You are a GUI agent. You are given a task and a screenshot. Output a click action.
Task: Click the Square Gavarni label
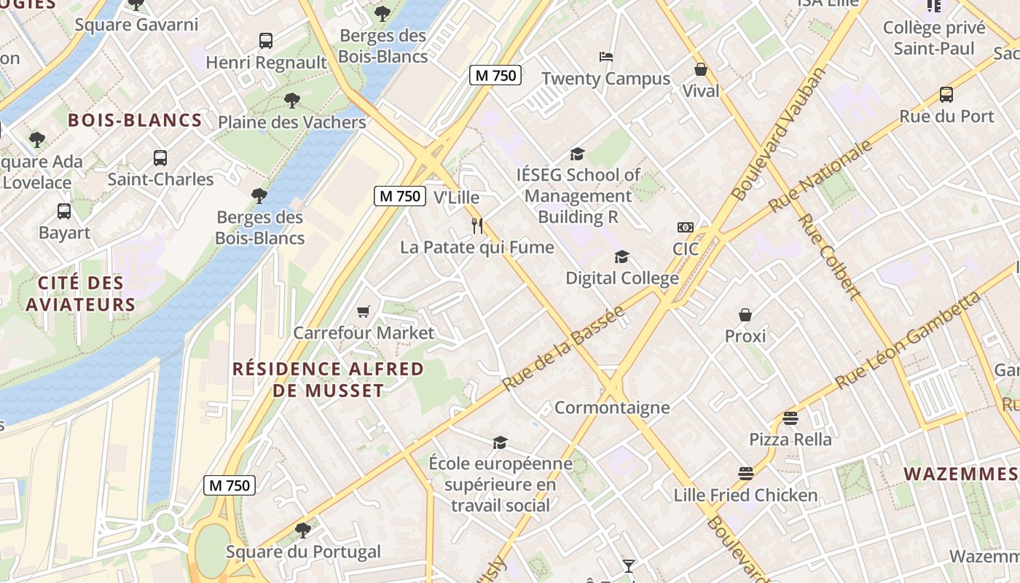(x=136, y=25)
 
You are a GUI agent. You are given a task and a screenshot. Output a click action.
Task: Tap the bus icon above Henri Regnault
(x=266, y=41)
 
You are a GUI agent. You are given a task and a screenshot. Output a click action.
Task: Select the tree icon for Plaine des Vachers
(x=292, y=100)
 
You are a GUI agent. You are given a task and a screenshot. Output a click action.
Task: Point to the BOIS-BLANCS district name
(x=135, y=120)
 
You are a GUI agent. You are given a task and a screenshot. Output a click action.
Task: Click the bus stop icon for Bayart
(x=64, y=211)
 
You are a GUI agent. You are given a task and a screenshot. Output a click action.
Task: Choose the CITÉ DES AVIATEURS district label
(x=81, y=294)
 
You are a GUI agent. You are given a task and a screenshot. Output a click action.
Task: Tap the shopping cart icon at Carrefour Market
(x=364, y=311)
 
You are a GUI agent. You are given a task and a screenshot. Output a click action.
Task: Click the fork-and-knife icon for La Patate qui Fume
(x=477, y=226)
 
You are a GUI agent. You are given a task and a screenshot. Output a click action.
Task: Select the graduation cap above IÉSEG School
(x=578, y=154)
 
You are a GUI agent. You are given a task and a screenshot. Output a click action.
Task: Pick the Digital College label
(x=622, y=278)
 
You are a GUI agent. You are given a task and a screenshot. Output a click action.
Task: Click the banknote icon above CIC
(x=685, y=227)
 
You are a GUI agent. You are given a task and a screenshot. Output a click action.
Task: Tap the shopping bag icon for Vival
(x=700, y=69)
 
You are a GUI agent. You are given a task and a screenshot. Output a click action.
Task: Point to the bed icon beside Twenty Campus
(x=606, y=57)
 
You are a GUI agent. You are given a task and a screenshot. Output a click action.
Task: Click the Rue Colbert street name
(x=830, y=257)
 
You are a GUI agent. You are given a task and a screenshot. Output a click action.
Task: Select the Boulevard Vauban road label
(x=780, y=134)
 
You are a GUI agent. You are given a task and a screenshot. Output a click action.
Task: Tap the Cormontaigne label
(x=612, y=407)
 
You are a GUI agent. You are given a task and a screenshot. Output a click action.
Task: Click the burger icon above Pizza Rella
(x=790, y=418)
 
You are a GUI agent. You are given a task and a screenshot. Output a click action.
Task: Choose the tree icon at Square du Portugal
(x=303, y=530)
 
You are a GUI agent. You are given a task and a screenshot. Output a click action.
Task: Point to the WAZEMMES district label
(x=960, y=474)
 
